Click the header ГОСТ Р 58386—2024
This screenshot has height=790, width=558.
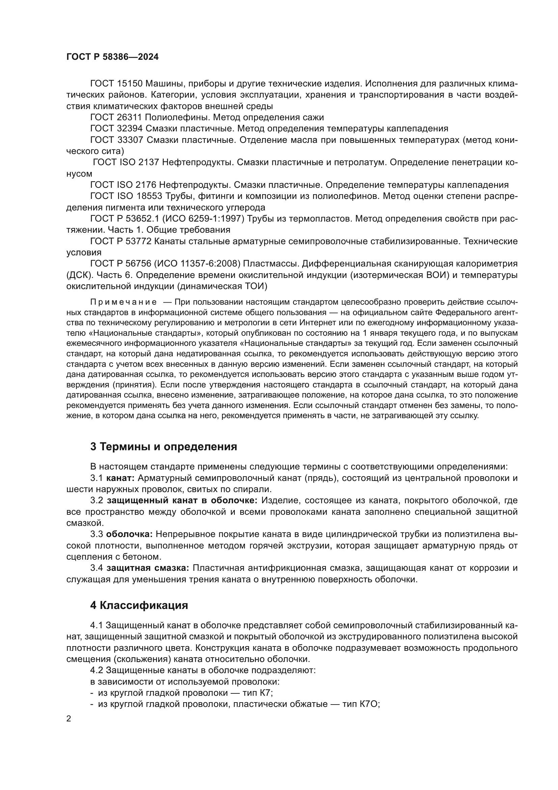tap(112, 57)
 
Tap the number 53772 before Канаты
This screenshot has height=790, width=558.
tap(139, 241)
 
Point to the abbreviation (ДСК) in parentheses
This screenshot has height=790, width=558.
tap(79, 275)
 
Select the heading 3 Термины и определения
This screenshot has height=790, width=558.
tap(164, 447)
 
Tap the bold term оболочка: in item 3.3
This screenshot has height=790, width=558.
tap(129, 534)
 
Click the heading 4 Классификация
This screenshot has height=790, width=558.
tap(139, 606)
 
